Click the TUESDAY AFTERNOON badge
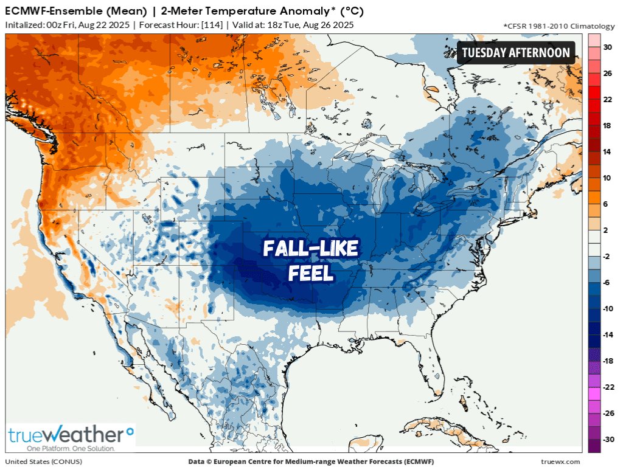click(x=515, y=52)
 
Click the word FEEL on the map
click(x=311, y=274)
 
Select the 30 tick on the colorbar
click(x=606, y=47)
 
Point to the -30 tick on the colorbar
click(x=606, y=439)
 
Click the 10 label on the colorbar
click(x=606, y=178)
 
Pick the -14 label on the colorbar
click(x=607, y=334)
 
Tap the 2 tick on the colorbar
click(x=606, y=230)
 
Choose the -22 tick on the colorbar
click(x=607, y=387)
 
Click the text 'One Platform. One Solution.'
click(x=62, y=448)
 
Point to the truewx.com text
click(x=560, y=462)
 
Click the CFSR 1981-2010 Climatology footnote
click(x=559, y=26)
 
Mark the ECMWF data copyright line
click(x=311, y=462)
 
